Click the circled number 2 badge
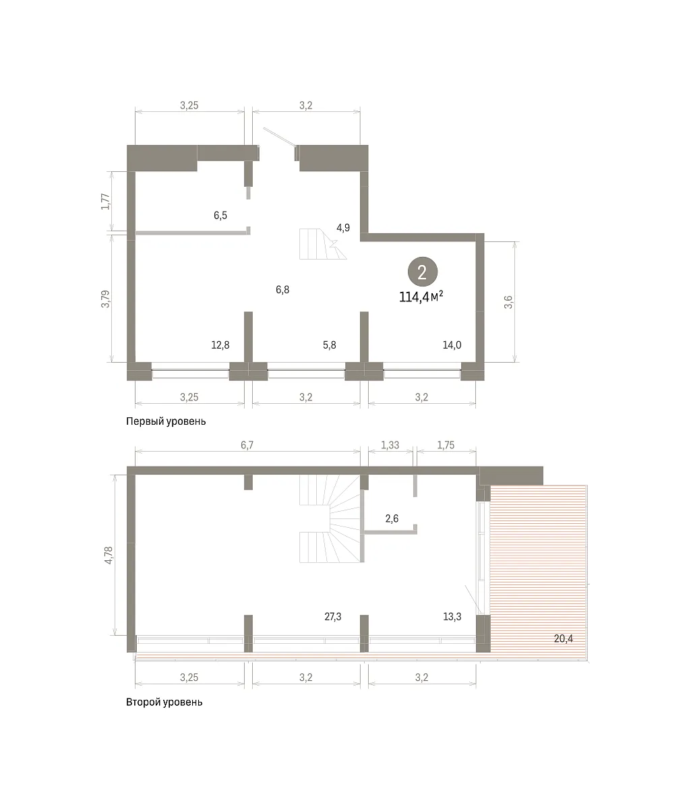pyautogui.click(x=422, y=272)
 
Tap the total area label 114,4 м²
pyautogui.click(x=421, y=297)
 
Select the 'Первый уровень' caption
pyautogui.click(x=166, y=421)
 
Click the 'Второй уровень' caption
pyautogui.click(x=164, y=702)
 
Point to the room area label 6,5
pyautogui.click(x=220, y=215)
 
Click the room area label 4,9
pyautogui.click(x=343, y=228)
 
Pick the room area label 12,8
pyautogui.click(x=220, y=344)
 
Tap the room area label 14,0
pyautogui.click(x=452, y=344)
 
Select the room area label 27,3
pyautogui.click(x=332, y=616)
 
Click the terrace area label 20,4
pyautogui.click(x=564, y=638)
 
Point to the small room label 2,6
pyautogui.click(x=392, y=518)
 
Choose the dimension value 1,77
pyautogui.click(x=106, y=202)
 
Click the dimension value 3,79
pyautogui.click(x=106, y=299)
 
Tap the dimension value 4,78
pyautogui.click(x=109, y=555)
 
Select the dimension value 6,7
pyautogui.click(x=247, y=445)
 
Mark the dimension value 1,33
pyautogui.click(x=390, y=445)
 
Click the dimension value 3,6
pyautogui.click(x=508, y=302)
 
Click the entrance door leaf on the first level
pyautogui.click(x=279, y=138)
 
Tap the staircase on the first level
pyautogui.click(x=323, y=244)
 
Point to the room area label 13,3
pyautogui.click(x=452, y=616)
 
